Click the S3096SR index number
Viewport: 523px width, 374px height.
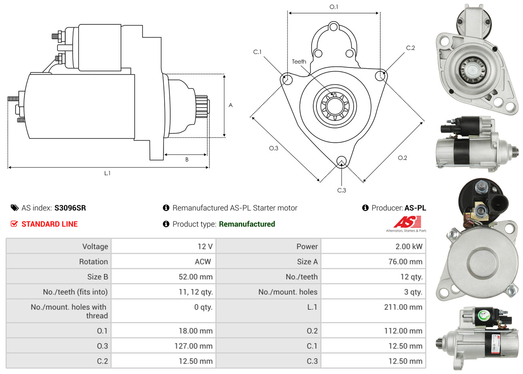click(70, 208)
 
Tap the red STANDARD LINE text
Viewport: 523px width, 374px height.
click(50, 224)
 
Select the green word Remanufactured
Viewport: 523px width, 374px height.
click(247, 224)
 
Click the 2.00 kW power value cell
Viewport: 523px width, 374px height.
click(409, 247)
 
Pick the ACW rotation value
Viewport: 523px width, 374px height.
click(203, 262)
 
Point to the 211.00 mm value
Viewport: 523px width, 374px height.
click(403, 307)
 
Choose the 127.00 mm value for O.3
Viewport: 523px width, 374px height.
click(193, 346)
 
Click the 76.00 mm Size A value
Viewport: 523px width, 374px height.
click(405, 262)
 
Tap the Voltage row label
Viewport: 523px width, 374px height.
click(95, 247)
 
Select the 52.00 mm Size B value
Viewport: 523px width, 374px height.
click(195, 277)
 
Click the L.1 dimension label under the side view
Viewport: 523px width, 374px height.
click(107, 173)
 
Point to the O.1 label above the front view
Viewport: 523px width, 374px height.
click(334, 7)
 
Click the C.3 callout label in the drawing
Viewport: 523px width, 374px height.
click(342, 190)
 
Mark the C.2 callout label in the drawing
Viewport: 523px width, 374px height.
click(410, 48)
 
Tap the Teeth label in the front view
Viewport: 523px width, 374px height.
click(299, 62)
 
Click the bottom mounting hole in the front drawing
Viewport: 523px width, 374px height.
click(342, 161)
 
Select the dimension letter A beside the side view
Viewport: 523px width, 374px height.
click(231, 105)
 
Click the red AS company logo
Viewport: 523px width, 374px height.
click(407, 222)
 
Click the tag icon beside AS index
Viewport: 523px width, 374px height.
click(14, 208)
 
